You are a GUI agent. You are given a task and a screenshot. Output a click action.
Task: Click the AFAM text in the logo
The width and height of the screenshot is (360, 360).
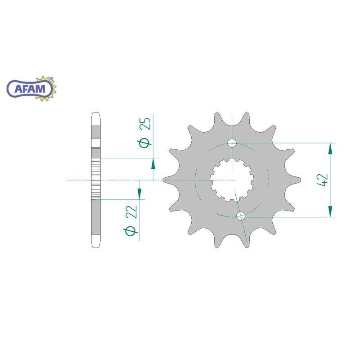(30, 89)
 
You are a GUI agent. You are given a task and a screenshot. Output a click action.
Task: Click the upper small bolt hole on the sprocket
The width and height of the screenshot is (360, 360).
(232, 143)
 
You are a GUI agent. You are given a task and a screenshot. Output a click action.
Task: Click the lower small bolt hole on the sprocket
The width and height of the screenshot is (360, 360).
(241, 216)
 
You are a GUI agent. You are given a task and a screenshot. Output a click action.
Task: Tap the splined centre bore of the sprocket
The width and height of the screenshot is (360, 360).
(232, 180)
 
